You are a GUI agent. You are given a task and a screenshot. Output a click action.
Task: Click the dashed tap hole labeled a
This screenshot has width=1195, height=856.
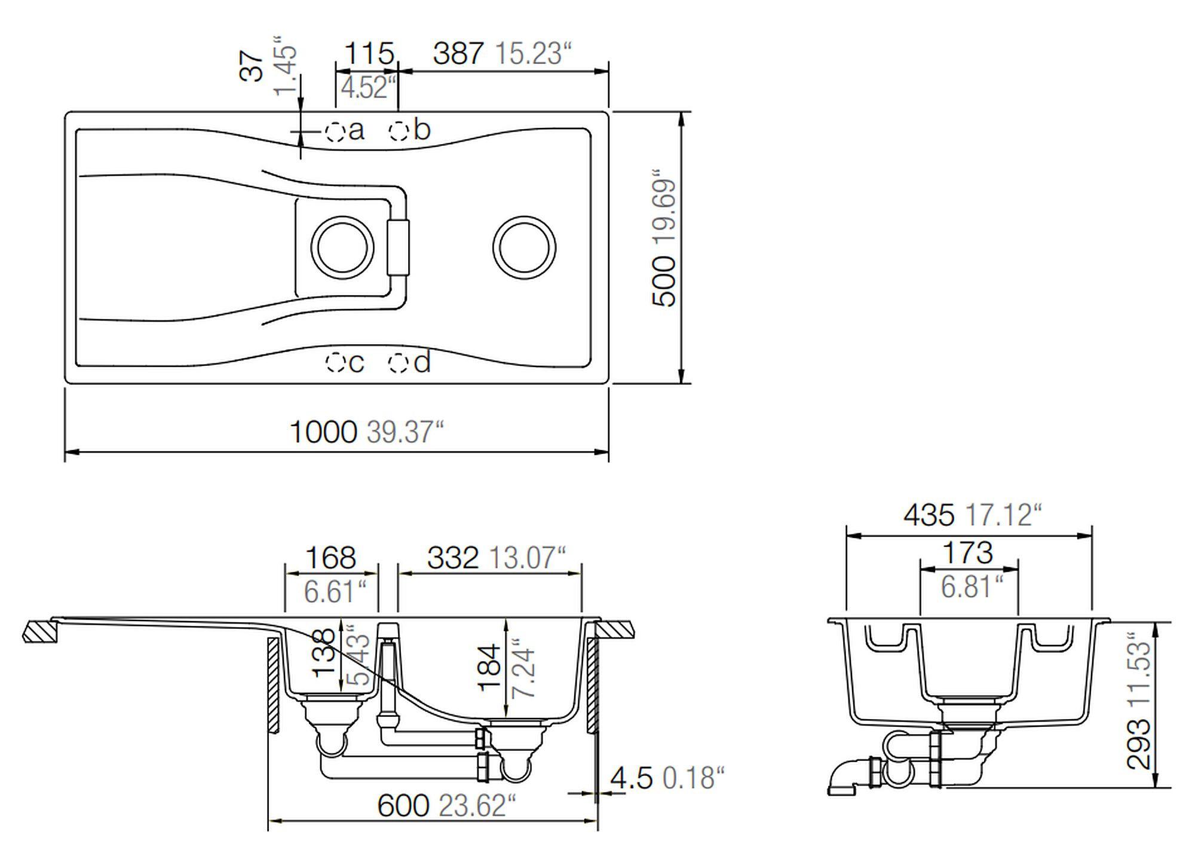pos(335,131)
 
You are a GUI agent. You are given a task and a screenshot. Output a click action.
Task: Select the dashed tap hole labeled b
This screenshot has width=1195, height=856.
pos(399,130)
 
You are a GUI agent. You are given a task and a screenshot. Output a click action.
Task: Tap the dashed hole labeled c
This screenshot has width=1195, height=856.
pos(335,362)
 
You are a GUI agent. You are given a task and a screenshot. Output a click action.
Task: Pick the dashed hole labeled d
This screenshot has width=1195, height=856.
pos(398,362)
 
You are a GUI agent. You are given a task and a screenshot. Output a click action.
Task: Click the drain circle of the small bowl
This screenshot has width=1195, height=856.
pos(342,247)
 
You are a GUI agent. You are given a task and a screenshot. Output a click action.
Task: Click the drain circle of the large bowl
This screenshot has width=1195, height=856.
pos(524,247)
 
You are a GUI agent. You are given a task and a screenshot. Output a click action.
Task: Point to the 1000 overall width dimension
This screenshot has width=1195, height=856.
pos(323,432)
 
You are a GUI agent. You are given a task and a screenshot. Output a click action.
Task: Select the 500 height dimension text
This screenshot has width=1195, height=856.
pos(664,281)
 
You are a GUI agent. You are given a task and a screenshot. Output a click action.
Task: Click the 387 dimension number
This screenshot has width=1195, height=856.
pos(458,54)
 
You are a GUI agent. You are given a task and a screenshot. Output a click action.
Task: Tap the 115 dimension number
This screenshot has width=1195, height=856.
pos(370,54)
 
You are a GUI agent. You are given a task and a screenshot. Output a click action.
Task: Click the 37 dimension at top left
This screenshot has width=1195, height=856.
pos(252,66)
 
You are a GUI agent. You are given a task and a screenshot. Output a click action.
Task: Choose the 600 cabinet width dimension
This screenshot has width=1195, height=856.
pos(403,806)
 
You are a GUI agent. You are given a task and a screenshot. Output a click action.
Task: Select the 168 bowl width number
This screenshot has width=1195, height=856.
pos(330,558)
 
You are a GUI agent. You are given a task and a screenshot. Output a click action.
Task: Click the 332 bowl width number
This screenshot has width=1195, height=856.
pos(453,558)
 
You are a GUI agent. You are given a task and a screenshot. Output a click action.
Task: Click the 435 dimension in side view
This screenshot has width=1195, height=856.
pos(929,515)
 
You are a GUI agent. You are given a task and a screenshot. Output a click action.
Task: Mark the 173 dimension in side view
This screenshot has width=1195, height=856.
pos(967,553)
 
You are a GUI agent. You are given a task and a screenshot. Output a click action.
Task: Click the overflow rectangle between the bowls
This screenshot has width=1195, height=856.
pos(398,247)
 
